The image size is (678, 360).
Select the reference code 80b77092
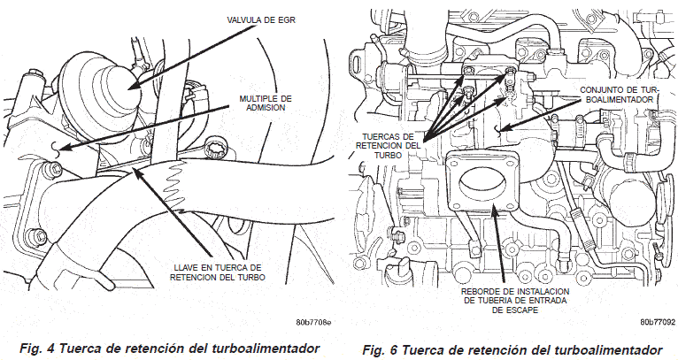657,324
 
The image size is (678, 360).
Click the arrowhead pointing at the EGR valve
130,85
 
